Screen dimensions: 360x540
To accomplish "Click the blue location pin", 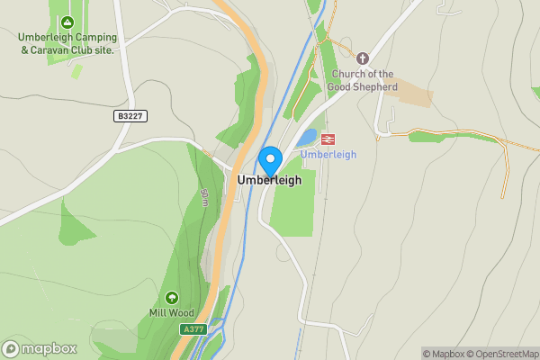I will click(270, 159).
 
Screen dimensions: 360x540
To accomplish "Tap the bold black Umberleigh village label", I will click(269, 180).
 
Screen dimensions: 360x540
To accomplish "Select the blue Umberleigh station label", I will click(328, 155).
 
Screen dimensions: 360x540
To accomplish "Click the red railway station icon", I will click(328, 139).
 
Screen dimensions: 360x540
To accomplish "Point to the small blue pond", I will click(307, 138).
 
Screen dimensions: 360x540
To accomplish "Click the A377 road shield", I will click(193, 329).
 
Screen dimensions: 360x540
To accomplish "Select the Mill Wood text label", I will click(171, 313).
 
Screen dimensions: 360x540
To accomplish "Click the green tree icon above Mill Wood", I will click(171, 298).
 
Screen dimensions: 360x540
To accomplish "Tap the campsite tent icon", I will click(66, 22).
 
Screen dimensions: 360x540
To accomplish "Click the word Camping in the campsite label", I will click(96, 37).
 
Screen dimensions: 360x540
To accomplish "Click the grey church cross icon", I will click(364, 58).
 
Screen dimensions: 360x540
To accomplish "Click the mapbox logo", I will click(40, 348).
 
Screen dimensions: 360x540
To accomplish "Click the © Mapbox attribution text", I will click(444, 354).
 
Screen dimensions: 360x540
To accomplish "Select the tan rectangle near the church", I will click(409, 93).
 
